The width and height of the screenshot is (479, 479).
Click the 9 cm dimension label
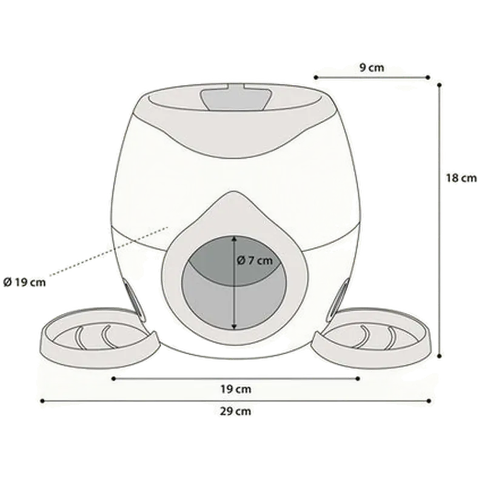coord(372,67)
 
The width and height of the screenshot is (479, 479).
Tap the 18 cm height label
coord(461,178)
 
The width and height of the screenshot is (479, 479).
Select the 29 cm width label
coord(235,411)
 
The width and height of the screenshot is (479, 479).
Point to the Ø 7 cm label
coord(255,260)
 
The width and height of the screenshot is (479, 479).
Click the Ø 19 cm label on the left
coord(24,282)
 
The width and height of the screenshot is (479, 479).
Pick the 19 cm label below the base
coord(236,389)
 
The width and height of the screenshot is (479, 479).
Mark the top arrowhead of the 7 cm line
coord(234,238)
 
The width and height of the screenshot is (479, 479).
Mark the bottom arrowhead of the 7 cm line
coord(234,327)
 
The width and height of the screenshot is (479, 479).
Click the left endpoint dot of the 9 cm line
coord(316,77)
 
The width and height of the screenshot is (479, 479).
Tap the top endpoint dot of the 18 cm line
coord(440,85)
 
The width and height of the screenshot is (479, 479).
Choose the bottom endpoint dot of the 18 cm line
coord(440,356)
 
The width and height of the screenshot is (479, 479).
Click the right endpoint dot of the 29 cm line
coord(429,401)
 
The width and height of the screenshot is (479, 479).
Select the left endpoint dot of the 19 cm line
coord(113,378)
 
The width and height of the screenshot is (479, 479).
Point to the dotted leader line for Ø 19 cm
coord(109,251)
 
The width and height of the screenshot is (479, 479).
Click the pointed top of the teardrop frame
coord(234,192)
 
